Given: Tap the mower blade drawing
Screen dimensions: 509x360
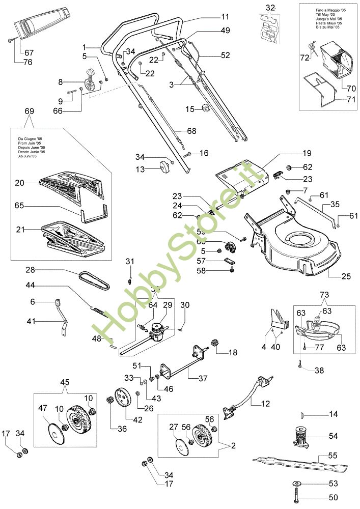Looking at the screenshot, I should coord(300,462).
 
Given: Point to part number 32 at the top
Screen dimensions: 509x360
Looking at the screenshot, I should coord(270,7).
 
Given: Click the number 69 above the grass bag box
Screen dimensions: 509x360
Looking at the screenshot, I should coord(30,111).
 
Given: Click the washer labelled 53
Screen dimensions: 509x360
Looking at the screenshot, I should coord(296,482).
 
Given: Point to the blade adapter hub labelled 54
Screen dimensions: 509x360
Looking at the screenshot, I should coord(303,437).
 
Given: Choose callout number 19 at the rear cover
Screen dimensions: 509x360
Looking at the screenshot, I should coord(307,153).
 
